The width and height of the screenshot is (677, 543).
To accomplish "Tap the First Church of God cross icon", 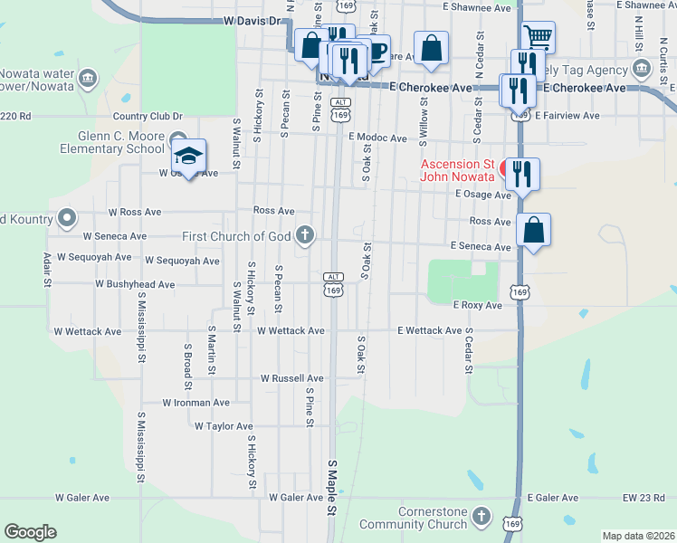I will (306, 236).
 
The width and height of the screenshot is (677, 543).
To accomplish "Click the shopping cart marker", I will (538, 38).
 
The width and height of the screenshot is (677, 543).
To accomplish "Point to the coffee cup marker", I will (376, 51).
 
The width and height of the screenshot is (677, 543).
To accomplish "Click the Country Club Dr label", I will (148, 116).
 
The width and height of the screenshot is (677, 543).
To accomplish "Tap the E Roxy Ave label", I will (477, 306).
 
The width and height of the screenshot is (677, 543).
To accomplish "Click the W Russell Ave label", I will (291, 378).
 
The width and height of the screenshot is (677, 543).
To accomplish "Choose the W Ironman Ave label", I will (195, 403).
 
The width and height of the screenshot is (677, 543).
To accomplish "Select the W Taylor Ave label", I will (222, 425).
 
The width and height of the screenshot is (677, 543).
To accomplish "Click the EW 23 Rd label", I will (643, 498).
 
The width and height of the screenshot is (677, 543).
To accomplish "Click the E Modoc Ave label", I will (377, 138).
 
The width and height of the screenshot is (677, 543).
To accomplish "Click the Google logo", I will (30, 532).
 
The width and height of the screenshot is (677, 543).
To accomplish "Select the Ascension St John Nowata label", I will (457, 170).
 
